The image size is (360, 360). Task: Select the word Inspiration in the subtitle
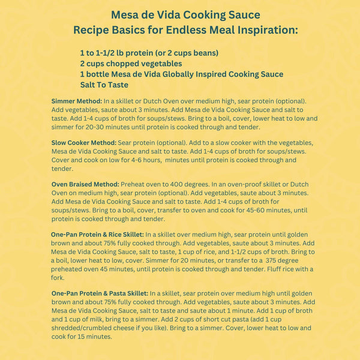click(x=259, y=29)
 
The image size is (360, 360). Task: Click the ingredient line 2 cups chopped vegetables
click(x=131, y=63)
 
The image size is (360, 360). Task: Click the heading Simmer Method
click(x=77, y=101)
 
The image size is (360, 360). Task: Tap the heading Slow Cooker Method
click(x=83, y=143)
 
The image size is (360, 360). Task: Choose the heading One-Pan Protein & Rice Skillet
click(x=97, y=235)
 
